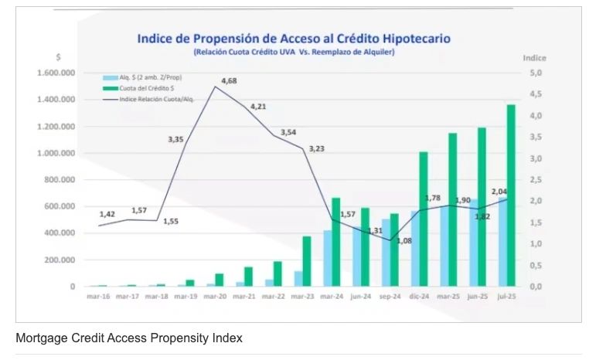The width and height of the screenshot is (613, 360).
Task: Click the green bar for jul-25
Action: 511,195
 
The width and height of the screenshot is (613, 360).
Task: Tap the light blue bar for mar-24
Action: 327,258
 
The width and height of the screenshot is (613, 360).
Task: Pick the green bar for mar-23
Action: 306,261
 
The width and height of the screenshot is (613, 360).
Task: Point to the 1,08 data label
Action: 404,240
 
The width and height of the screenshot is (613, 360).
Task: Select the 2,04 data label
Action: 499,192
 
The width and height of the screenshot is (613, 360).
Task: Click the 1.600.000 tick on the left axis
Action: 56,73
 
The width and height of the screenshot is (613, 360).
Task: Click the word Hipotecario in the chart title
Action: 412,38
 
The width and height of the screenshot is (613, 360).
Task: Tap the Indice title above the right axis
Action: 534,58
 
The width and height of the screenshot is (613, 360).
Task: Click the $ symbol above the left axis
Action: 58,58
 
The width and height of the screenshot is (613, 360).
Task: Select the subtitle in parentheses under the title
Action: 295,52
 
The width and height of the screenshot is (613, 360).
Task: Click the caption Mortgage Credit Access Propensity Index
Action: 129,338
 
